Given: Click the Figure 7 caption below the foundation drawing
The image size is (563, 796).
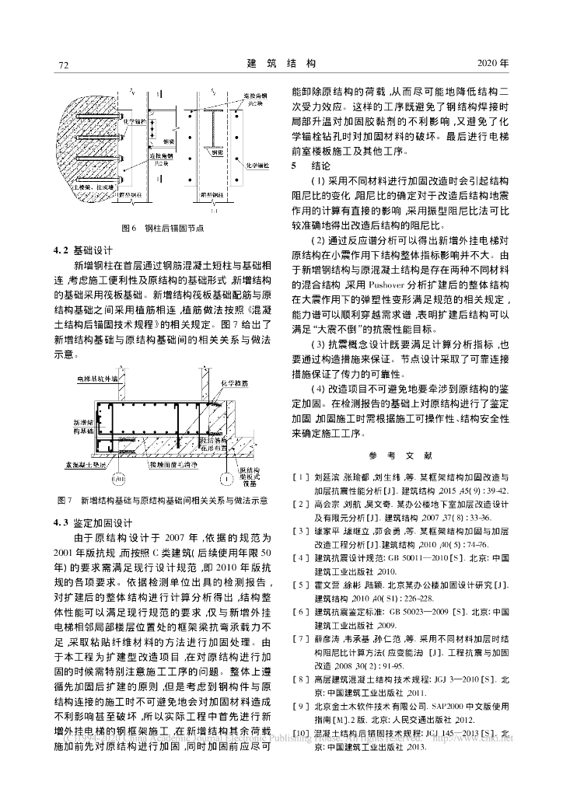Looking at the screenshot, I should tap(163, 499).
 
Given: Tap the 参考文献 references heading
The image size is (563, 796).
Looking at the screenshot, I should tap(400, 455).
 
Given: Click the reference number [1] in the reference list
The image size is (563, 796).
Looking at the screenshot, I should tap(299, 474).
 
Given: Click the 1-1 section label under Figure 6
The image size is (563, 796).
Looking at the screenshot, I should tap(213, 209).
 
